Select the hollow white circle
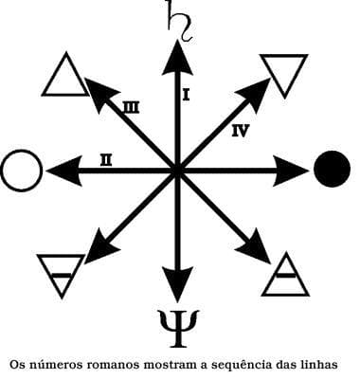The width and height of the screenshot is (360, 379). click(21, 171)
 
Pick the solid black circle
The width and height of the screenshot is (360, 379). click(331, 170)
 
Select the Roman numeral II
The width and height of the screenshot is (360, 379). click(106, 161)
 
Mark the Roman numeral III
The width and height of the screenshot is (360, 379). click(131, 108)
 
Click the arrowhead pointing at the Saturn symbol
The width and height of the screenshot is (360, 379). click(177, 59)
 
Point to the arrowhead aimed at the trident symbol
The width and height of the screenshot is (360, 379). click(177, 281)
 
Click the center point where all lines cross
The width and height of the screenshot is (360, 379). click(177, 171)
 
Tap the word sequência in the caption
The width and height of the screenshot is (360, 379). click(245, 363)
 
